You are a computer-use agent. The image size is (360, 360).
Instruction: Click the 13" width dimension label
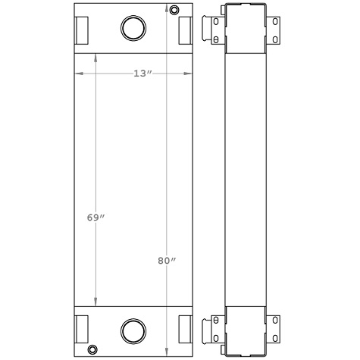(142, 74)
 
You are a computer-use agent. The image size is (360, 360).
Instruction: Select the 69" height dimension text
(95, 218)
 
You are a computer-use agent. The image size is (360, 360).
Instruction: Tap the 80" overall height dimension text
(167, 261)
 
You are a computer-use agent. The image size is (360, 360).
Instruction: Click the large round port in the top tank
(133, 28)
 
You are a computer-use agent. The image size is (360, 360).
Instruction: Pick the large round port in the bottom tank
(133, 330)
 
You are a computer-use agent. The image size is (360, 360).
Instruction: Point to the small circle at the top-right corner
(175, 10)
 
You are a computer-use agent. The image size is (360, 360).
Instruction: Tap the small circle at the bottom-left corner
(92, 349)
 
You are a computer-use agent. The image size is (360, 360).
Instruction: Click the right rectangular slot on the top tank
(184, 30)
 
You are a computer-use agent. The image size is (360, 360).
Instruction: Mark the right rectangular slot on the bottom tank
(184, 328)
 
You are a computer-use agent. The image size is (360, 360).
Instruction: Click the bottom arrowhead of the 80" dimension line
(166, 351)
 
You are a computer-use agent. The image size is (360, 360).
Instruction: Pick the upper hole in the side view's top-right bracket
(274, 23)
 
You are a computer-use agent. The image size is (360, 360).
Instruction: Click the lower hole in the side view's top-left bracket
(216, 39)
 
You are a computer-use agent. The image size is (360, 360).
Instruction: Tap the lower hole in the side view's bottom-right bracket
(274, 336)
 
